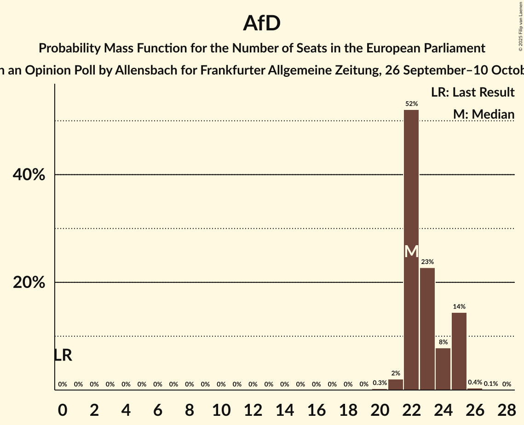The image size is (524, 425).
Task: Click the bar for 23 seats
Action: (427, 329)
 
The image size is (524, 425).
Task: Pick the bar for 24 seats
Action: (443, 369)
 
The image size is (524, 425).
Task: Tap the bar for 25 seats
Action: (459, 351)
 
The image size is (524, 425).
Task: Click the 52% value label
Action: (411, 104)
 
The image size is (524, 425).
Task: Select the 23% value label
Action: (427, 262)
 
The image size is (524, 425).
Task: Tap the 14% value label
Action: (459, 306)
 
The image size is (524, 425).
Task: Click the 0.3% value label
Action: (380, 383)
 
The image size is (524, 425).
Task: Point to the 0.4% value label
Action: (475, 383)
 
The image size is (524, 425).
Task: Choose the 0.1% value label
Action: (491, 384)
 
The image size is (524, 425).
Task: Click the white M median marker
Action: (411, 252)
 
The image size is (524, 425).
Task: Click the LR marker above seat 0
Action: (63, 355)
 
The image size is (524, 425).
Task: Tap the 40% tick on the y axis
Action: (29, 175)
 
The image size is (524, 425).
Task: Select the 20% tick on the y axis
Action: (29, 282)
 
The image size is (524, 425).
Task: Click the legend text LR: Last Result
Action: (472, 92)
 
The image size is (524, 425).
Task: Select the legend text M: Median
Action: (483, 114)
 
